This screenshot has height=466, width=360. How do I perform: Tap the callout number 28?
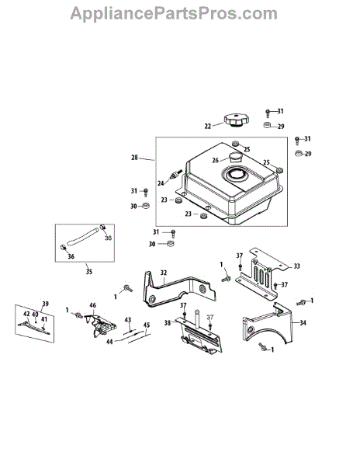click(134, 158)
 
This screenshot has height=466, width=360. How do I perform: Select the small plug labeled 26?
click(235, 157)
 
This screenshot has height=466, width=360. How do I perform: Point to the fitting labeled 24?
click(174, 176)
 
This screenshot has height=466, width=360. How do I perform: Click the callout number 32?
click(164, 273)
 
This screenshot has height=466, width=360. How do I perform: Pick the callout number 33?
click(297, 266)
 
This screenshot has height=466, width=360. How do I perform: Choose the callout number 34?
click(303, 322)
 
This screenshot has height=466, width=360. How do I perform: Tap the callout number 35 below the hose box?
click(88, 272)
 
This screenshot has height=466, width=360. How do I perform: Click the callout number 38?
click(168, 322)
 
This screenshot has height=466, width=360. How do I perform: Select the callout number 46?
click(93, 305)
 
